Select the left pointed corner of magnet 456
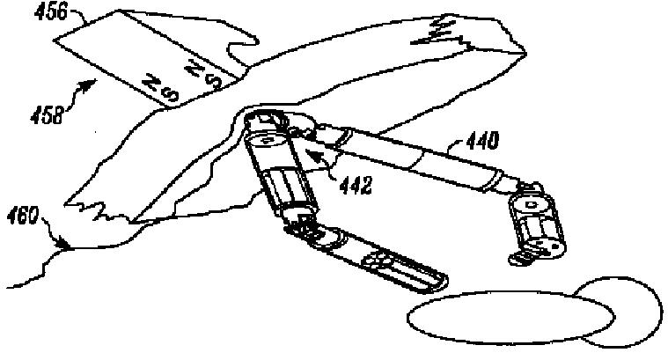(x=55, y=40)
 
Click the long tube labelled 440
(x=414, y=159)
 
